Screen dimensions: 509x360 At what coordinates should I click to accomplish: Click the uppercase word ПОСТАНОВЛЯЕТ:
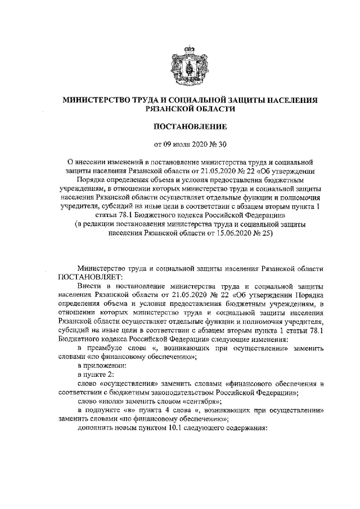[x=89, y=277]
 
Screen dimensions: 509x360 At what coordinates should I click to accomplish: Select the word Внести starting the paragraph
[x=89, y=286]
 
